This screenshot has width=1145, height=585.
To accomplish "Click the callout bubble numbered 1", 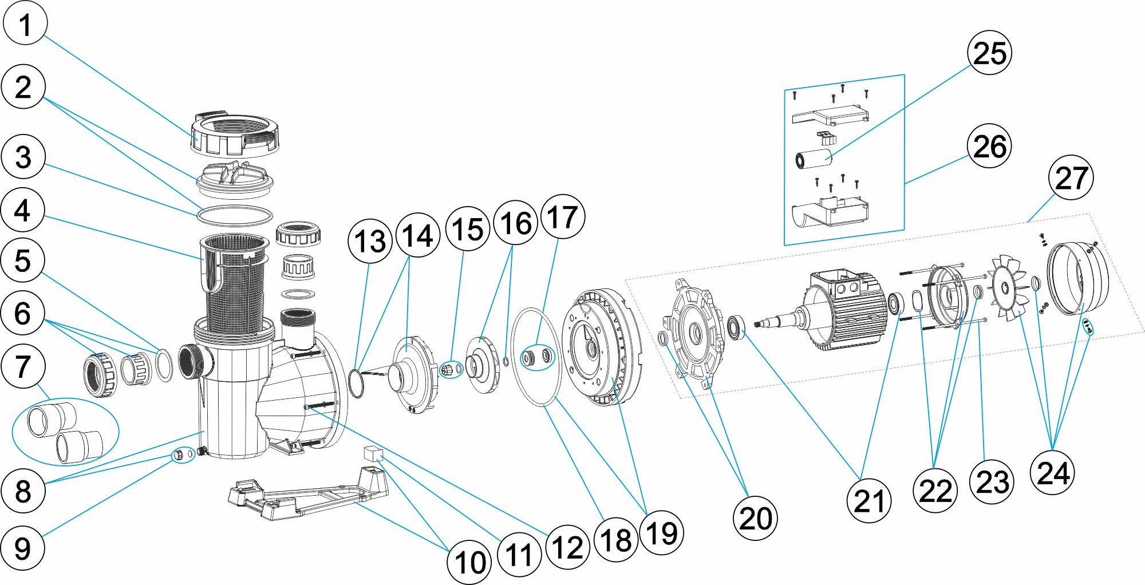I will [x=25, y=23].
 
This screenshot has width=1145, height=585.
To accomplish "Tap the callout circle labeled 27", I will [x=1071, y=177].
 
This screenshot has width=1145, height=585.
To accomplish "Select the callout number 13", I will [x=370, y=241].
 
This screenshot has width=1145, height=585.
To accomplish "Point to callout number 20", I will [x=755, y=518].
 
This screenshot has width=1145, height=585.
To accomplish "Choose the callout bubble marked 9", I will [x=22, y=548].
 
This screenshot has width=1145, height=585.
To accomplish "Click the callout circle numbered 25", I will [x=989, y=53].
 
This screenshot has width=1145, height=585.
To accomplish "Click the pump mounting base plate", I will [x=309, y=495].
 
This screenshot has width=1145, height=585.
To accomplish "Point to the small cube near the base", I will [x=373, y=454].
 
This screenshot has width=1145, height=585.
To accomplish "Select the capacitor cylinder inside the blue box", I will [x=813, y=158].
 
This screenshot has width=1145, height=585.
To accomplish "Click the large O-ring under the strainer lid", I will [x=235, y=216].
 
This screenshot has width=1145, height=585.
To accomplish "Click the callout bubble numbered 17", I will [x=563, y=216].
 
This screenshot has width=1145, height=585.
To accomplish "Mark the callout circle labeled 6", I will [x=23, y=313].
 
